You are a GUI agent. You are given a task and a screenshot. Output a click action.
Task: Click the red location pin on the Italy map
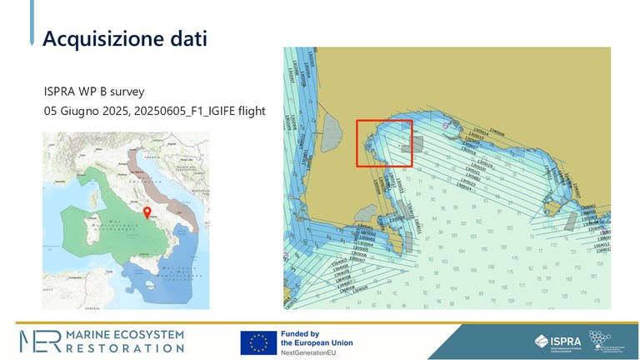147,212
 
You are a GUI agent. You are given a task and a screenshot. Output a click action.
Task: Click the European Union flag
258,342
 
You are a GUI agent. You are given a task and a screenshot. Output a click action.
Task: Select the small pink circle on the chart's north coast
447,126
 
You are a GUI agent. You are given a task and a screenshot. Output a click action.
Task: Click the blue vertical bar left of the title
32,26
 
